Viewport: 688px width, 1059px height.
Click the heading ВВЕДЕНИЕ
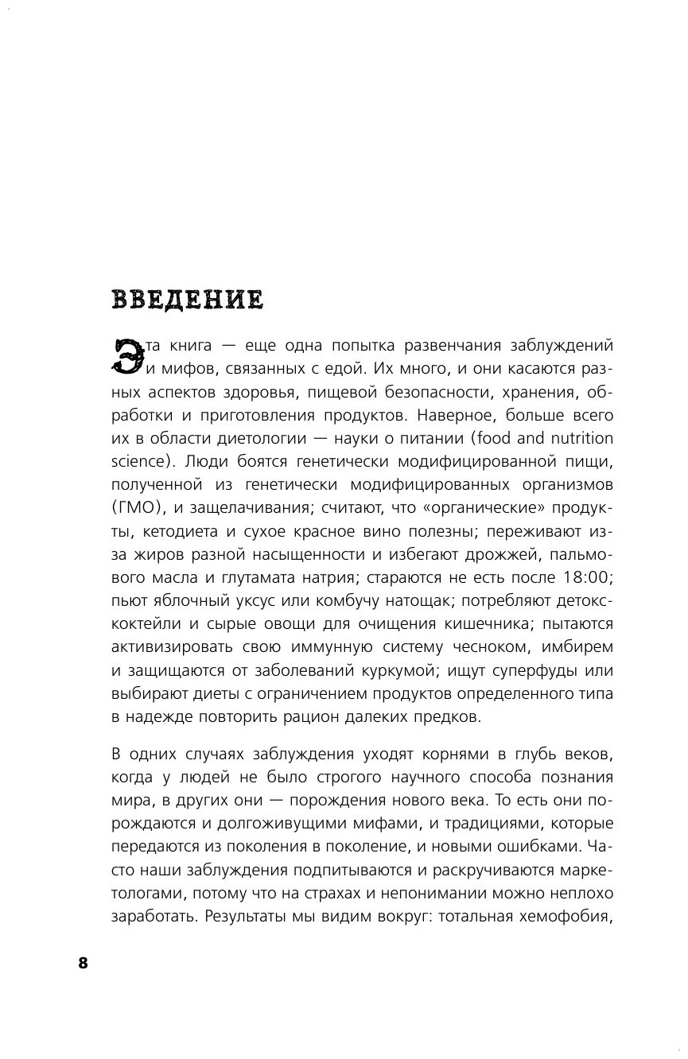[x=188, y=301]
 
